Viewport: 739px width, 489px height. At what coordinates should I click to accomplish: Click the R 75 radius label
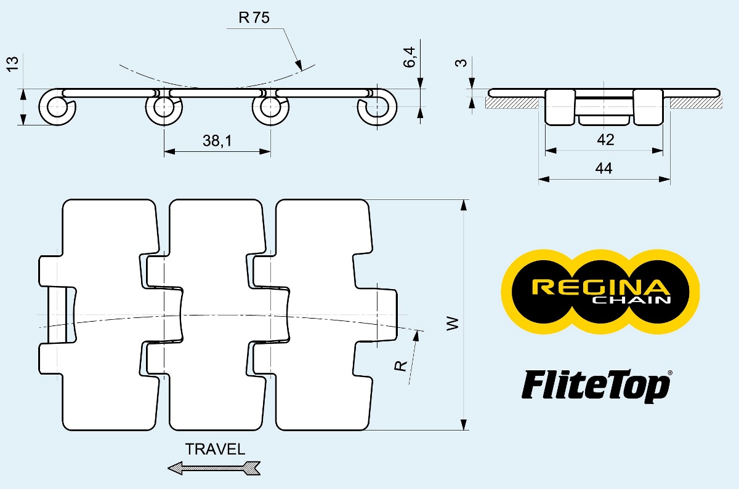coord(254,18)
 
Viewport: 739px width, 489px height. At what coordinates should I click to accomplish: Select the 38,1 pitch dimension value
coord(217,141)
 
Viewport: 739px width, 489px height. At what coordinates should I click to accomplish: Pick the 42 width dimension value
coord(605,140)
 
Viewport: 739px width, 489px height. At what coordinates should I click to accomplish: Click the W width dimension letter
coord(453,324)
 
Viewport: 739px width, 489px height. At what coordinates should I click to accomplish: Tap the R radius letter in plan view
coord(401,365)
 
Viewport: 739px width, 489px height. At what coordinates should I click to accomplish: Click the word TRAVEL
coord(215,449)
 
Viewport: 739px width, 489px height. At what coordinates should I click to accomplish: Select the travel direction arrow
coord(214,469)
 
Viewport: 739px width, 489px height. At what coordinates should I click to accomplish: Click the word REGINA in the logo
coord(600,287)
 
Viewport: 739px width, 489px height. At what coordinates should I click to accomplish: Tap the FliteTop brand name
coord(595,386)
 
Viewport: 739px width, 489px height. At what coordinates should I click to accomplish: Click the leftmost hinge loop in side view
coord(57,108)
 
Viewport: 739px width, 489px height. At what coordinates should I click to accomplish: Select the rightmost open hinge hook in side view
coord(377,108)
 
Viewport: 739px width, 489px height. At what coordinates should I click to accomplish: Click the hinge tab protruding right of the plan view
coord(386,314)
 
